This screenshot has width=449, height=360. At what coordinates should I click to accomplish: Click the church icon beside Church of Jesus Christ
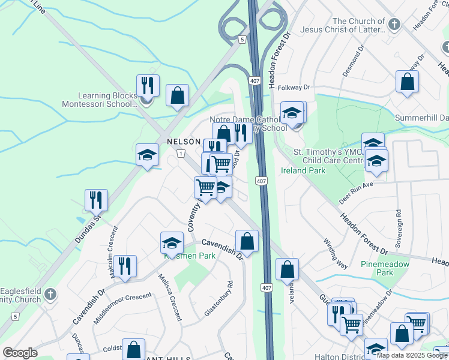tap(394, 25)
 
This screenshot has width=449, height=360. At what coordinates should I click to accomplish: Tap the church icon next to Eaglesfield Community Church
tap(50, 295)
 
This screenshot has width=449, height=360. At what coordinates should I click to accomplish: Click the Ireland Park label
tap(303, 170)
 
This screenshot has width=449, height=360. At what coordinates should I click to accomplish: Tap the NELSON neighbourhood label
tap(183, 142)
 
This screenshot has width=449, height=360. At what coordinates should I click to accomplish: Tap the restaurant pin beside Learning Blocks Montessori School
tap(148, 86)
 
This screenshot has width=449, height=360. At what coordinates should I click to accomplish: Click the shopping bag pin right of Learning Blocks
tap(177, 95)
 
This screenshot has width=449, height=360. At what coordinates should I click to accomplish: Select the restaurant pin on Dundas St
tap(96, 200)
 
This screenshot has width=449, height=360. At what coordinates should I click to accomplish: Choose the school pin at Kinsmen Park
tap(172, 244)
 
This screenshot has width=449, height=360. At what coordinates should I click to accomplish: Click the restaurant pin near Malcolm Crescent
tap(125, 266)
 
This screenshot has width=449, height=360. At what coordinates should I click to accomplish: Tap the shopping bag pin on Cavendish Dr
tap(247, 242)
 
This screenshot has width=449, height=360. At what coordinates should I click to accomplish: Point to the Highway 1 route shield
tap(180, 154)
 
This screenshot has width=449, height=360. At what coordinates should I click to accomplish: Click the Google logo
tap(20, 353)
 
